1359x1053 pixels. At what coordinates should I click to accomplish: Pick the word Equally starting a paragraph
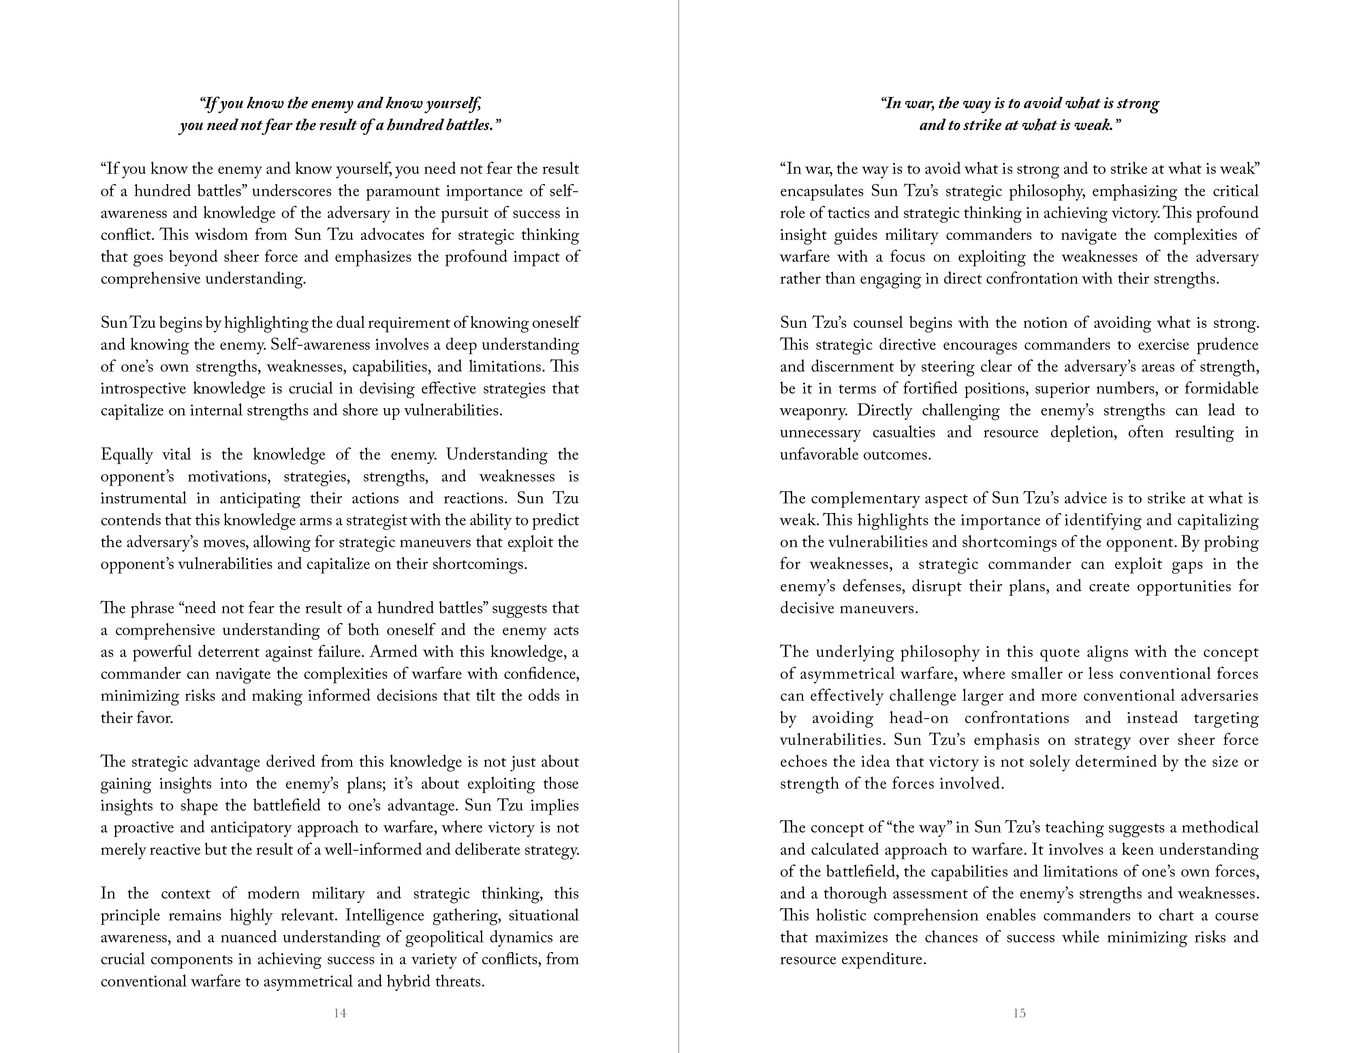coord(126,454)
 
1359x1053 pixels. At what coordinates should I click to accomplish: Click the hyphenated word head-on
coord(919,718)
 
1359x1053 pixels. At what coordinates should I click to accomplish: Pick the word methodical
coord(1220,828)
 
